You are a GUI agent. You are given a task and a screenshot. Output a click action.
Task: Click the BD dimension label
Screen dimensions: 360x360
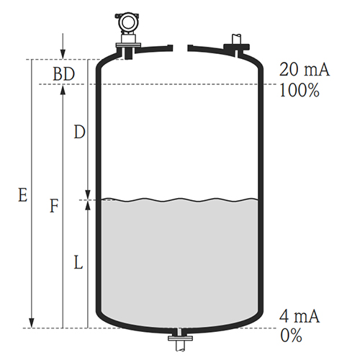[x=64, y=74]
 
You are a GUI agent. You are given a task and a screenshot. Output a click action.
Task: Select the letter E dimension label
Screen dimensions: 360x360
[x=23, y=195]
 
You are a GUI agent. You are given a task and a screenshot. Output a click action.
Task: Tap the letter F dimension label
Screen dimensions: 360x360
[x=54, y=206]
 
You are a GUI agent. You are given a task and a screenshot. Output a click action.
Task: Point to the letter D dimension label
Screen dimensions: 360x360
[x=79, y=132]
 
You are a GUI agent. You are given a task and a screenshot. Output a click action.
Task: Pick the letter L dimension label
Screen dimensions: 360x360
[x=78, y=262]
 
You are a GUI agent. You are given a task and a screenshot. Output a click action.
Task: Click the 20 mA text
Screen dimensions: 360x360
[x=305, y=70]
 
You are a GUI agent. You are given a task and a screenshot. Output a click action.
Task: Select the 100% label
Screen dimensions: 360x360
[x=300, y=90]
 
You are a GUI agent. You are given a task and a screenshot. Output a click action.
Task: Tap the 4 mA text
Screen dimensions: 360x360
[x=300, y=316]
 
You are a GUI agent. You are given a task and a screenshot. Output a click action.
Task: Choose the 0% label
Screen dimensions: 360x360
[x=291, y=336]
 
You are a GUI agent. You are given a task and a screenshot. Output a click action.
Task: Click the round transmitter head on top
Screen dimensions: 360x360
[x=127, y=22]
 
